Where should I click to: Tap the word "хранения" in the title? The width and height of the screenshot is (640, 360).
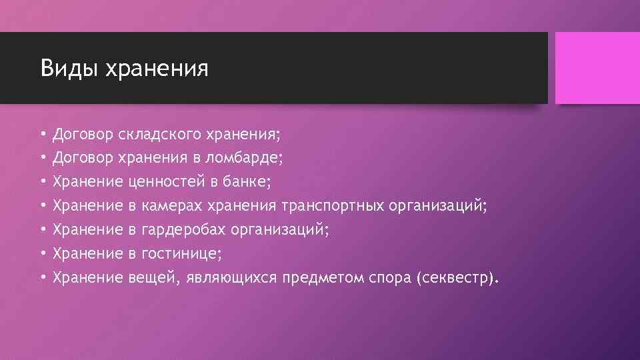coord(157,69)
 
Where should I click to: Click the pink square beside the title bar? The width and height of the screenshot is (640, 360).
coord(593,68)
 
